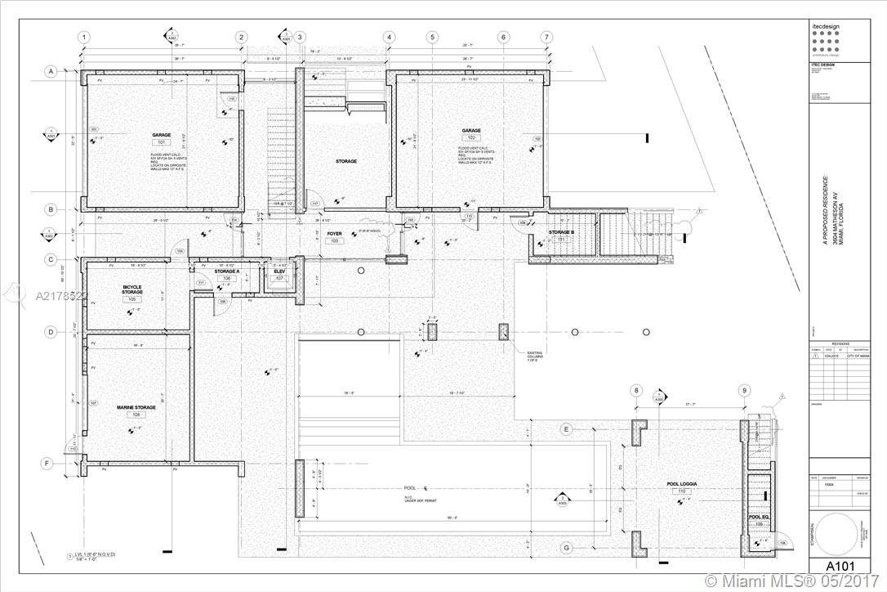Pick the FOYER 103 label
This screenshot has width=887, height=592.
click(334, 237)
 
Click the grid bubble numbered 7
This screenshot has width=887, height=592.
click(546, 38)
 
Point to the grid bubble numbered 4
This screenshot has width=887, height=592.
click(389, 38)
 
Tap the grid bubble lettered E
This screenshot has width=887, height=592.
click(565, 428)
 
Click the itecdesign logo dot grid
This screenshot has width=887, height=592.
click(827, 39)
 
